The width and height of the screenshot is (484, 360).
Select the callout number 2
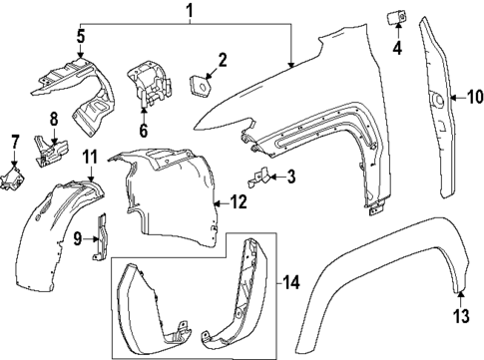click(x=222, y=60)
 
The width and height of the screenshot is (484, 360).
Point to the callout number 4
click(x=396, y=46)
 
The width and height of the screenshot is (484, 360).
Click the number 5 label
click(x=81, y=37)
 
